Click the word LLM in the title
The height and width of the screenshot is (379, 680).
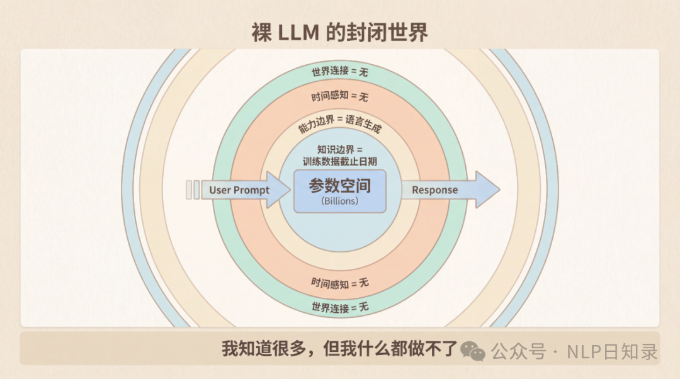pyautogui.click(x=297, y=32)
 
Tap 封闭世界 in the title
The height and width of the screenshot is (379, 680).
pyautogui.click(x=377, y=32)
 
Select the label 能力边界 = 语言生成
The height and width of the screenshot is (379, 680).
pyautogui.click(x=340, y=124)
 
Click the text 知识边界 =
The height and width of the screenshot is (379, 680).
pyautogui.click(x=340, y=150)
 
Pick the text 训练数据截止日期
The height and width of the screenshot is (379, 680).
pyautogui.click(x=340, y=161)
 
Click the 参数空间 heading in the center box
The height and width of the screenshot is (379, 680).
pyautogui.click(x=340, y=186)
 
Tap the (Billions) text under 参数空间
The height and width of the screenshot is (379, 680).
pyautogui.click(x=340, y=201)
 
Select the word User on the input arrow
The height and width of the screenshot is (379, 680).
pyautogui.click(x=220, y=190)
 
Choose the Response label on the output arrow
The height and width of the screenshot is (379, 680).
pyautogui.click(x=434, y=190)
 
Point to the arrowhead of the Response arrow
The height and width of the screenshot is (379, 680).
pyautogui.click(x=487, y=189)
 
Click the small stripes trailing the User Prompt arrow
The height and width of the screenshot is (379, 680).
pyautogui.click(x=193, y=189)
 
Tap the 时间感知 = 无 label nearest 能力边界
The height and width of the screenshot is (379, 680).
pyautogui.click(x=340, y=97)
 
